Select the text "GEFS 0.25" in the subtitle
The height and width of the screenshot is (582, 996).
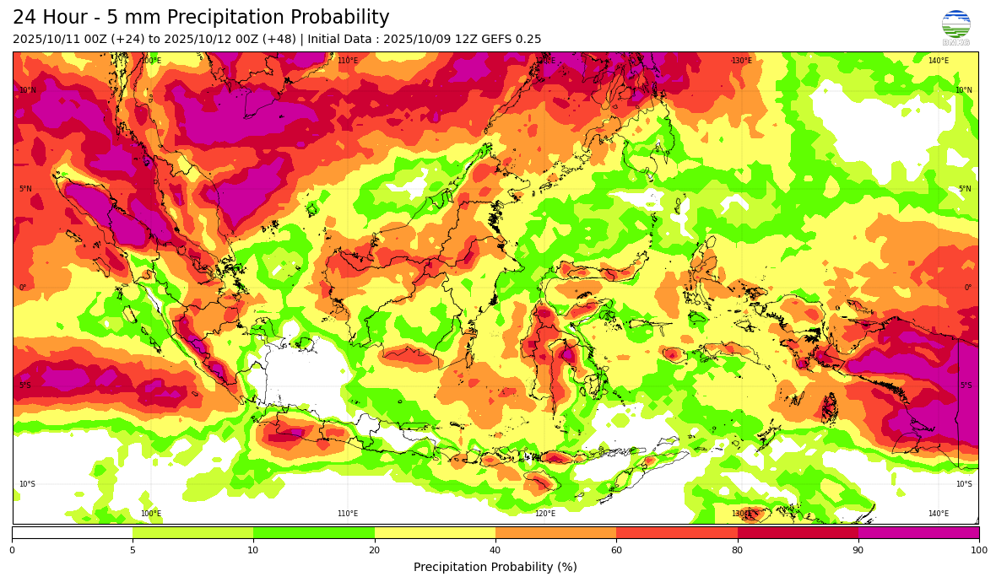pos(512,40)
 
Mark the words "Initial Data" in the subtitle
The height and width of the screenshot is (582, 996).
pos(343,40)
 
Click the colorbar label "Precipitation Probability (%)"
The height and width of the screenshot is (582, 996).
pos(495,567)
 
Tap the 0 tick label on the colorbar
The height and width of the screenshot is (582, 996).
pos(12,550)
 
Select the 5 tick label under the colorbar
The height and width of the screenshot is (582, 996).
pos(133,550)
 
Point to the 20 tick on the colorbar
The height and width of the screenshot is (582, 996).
pos(374,550)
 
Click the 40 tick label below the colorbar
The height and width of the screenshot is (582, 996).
pos(495,550)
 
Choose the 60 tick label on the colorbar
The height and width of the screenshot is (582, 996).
pos(616,550)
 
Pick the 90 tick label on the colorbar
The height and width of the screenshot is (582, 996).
pos(858,550)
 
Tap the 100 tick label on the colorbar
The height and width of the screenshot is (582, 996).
pos(978,550)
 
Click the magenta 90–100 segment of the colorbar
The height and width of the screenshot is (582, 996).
pos(918,532)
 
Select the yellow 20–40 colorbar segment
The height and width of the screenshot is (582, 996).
pos(435,532)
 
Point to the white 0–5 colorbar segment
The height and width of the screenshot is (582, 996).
pos(72,532)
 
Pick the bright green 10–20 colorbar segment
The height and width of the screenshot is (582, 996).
pos(314,532)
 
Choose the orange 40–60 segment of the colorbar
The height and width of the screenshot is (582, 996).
pos(555,532)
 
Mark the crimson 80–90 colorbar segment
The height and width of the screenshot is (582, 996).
pos(798,532)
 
